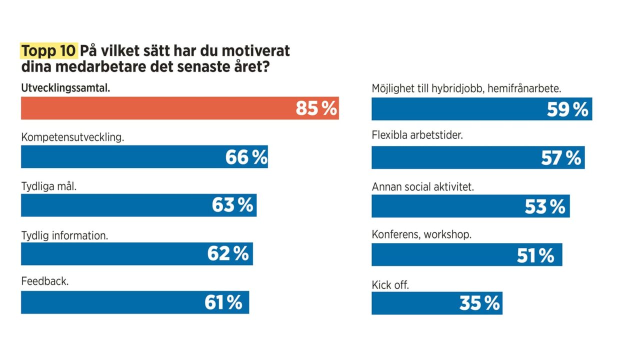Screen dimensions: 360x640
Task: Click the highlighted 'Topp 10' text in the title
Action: [48, 51]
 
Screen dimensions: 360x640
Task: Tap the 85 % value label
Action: [316, 108]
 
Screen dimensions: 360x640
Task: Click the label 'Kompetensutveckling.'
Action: [72, 137]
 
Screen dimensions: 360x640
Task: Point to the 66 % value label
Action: [246, 157]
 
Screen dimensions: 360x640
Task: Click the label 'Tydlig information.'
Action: [64, 235]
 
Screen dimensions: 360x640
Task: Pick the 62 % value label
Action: [228, 253]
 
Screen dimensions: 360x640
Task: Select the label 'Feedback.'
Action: [45, 281]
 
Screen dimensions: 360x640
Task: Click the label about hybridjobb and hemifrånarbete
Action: [466, 88]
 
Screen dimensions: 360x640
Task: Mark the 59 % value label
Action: [567, 109]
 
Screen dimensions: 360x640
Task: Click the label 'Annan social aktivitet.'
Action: [422, 186]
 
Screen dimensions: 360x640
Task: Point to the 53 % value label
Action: [545, 206]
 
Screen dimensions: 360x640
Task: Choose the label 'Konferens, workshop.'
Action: [421, 234]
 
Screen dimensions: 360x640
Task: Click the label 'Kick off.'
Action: [390, 285]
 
